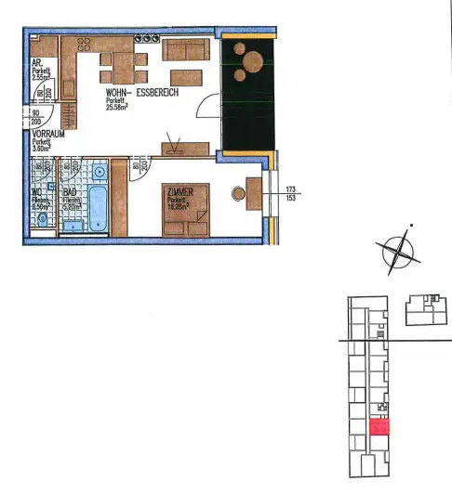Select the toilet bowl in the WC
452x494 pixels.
point(43,219)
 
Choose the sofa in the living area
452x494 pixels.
point(183,49)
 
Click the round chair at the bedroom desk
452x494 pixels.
point(238,194)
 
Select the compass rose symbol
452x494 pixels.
point(396,249)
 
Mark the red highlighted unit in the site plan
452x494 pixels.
point(379,427)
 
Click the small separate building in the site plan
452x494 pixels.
point(427,310)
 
